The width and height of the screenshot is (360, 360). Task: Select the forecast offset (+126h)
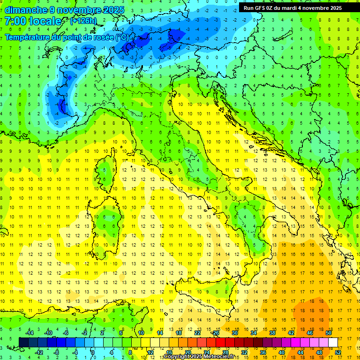(x=83, y=21)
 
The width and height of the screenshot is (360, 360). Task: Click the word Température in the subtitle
(x=29, y=37)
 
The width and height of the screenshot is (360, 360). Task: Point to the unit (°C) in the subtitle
(x=121, y=37)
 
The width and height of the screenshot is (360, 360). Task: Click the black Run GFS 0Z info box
(x=292, y=7)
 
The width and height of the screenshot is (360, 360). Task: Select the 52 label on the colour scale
(x=338, y=352)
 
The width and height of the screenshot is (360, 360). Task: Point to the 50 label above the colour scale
(x=329, y=333)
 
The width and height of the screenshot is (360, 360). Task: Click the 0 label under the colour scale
(x=93, y=352)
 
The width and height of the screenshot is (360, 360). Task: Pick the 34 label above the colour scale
(x=254, y=333)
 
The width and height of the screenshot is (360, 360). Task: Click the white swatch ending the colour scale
(x=333, y=342)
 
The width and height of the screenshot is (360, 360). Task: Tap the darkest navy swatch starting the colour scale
(x=23, y=342)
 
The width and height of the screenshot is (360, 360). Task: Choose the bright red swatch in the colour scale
(x=220, y=342)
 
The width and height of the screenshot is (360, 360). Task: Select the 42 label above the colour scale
(x=291, y=333)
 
